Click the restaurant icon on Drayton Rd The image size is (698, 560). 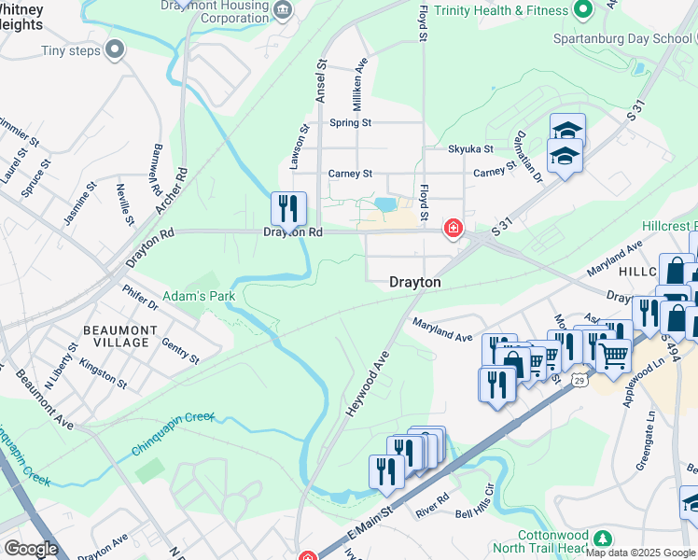point(288,207)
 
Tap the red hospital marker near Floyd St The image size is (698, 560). point(454,229)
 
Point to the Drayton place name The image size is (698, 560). point(415,281)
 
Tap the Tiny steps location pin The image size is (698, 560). point(116,50)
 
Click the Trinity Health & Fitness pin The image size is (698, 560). point(584,10)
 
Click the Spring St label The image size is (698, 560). point(351,122)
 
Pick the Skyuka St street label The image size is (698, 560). point(470,148)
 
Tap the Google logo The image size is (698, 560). point(31,549)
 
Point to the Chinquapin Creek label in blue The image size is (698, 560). point(173,433)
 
